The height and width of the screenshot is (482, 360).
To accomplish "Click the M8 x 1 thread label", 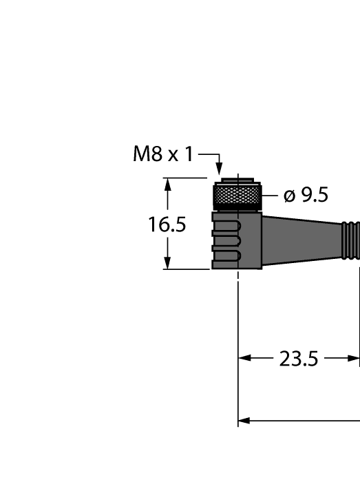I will (163, 154).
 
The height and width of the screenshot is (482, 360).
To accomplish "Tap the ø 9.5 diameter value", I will (306, 196).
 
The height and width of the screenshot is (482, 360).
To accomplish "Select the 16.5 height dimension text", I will (168, 224).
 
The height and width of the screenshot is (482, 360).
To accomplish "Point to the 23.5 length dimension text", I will (299, 359).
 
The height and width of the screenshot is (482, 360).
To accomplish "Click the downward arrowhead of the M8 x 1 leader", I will (219, 169).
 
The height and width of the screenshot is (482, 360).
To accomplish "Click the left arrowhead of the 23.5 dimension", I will (244, 359).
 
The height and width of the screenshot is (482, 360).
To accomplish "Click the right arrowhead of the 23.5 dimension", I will (354, 359).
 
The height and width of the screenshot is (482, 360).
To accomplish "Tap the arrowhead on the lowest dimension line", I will (244, 421).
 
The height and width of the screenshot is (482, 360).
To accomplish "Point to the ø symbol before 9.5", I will (290, 197).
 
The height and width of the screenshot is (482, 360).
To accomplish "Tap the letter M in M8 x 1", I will (141, 154).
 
